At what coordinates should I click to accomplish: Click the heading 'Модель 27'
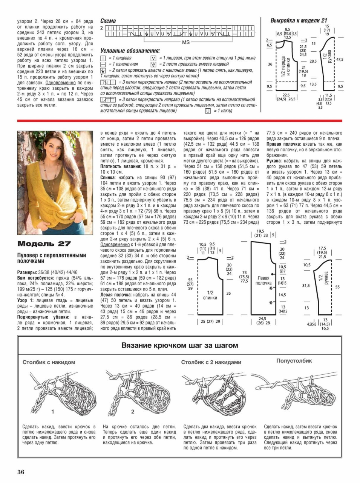coord(44,244)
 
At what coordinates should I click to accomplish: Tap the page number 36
coord(21,472)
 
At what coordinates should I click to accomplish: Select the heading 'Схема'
coord(108,21)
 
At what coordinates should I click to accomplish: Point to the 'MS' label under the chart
coord(186,42)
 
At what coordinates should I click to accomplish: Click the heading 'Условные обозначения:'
coord(130,51)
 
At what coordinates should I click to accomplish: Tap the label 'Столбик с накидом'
coord(49,362)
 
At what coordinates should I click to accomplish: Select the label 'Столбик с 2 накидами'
coord(211,362)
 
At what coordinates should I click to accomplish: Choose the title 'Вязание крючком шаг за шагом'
coord(179,345)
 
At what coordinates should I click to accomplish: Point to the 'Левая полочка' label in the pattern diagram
coord(263,280)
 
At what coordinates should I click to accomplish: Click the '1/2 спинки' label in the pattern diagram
coord(210,295)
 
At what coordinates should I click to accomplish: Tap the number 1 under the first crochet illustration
coord(53,412)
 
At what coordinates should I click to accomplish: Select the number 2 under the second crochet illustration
coord(133,412)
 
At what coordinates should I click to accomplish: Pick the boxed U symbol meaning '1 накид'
coord(208,111)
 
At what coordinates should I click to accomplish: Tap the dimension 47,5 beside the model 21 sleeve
coord(340,60)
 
